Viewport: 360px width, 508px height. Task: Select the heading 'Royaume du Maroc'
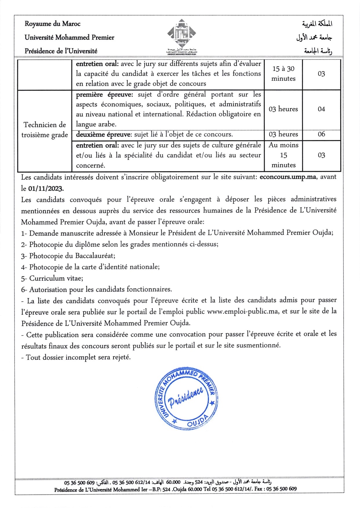coord(52,24)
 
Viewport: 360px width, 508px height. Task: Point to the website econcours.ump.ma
coord(288,177)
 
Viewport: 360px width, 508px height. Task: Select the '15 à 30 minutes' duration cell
coord(283,74)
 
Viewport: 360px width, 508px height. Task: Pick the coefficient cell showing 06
coord(321,134)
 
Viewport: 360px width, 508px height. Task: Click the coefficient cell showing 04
coord(321,109)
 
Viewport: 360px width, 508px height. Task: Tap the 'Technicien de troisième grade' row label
coord(45,130)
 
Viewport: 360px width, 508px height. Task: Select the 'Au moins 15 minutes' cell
coord(283,155)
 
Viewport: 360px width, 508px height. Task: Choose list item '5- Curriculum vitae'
coord(52,278)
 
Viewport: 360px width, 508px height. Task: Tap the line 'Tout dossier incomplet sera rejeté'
coord(76,357)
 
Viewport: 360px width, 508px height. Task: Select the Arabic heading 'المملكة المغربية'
coord(317,24)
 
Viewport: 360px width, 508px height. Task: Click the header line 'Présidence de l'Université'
coord(61,51)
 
